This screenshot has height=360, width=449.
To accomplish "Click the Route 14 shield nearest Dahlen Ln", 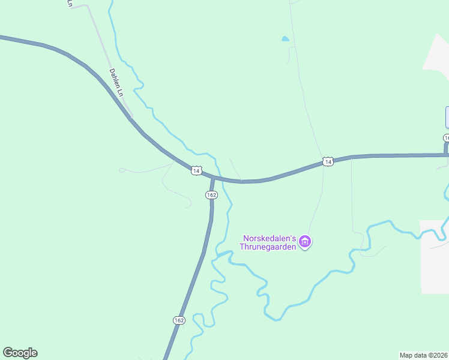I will (x=196, y=170).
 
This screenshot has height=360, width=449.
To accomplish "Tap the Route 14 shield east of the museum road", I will (x=327, y=161).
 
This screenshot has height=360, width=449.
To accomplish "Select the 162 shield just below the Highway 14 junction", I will (x=211, y=195).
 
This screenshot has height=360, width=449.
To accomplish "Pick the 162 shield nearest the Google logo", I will (x=179, y=320).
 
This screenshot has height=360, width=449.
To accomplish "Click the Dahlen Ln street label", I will (x=116, y=83).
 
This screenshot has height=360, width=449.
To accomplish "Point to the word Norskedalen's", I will (x=271, y=238).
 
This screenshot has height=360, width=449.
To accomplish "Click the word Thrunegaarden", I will (x=268, y=247).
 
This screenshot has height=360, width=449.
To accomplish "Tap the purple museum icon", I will (x=306, y=242).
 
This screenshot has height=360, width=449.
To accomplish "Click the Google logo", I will (x=20, y=353).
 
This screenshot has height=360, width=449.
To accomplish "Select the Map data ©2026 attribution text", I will (x=424, y=355).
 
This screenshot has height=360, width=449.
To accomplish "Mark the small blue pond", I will (x=285, y=40).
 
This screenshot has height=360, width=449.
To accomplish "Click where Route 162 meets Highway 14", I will (x=213, y=178).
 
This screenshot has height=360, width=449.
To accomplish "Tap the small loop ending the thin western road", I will (x=122, y=170).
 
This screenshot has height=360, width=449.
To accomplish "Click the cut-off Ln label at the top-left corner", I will (x=70, y=4).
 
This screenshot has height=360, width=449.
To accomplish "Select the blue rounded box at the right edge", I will (x=447, y=117).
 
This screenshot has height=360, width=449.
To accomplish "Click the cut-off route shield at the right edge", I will (x=447, y=139).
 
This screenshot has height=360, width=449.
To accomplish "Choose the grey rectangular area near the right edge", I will (x=434, y=257).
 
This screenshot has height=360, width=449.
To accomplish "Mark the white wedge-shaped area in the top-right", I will (x=437, y=54).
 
